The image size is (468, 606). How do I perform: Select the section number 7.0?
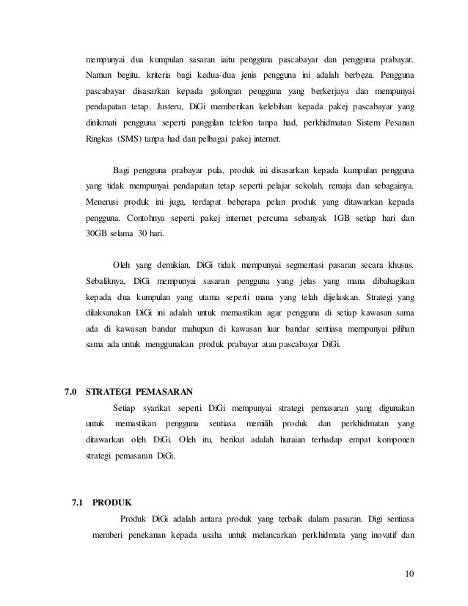tap(71, 390)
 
